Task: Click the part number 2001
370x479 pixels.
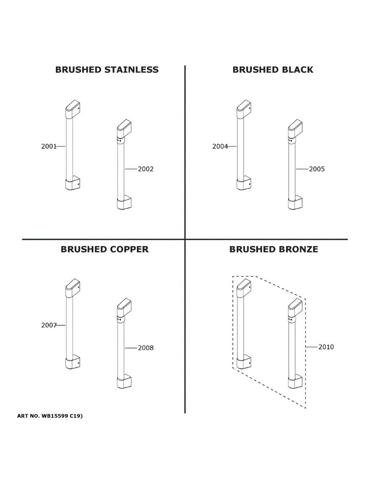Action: coord(49,146)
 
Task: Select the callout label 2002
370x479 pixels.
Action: coord(146,169)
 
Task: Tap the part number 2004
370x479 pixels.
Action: coord(220,146)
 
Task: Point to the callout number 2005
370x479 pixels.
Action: coord(317,169)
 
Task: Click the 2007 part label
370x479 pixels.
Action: coord(49,325)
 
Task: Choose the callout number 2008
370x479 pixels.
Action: coord(146,348)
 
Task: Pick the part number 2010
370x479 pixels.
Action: coord(326,347)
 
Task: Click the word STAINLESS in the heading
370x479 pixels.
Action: coord(131,70)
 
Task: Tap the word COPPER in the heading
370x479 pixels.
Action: coord(129,249)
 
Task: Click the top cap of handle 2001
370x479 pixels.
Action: coord(72,108)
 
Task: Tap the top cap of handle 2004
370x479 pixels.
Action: coord(243,108)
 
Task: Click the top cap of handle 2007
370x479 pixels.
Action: coord(72,287)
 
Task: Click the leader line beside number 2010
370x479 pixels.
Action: coord(312,347)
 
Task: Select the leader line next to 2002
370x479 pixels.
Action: coord(131,169)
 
